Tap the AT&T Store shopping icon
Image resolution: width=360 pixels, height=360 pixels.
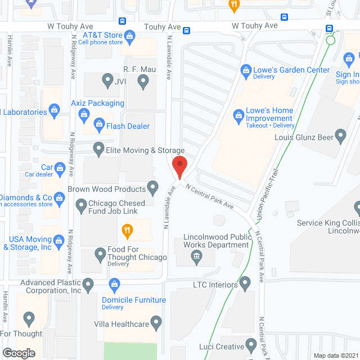pyautogui.click(x=130, y=37)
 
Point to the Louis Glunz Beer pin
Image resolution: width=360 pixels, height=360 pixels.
pyautogui.click(x=340, y=136)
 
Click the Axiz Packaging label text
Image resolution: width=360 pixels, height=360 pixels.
pyautogui.click(x=97, y=103)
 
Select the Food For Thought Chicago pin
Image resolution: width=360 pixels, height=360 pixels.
pyautogui.click(x=100, y=254)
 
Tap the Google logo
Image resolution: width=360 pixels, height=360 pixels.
pyautogui.click(x=19, y=353)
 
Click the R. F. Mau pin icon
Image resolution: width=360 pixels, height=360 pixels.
pyautogui.click(x=143, y=82)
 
